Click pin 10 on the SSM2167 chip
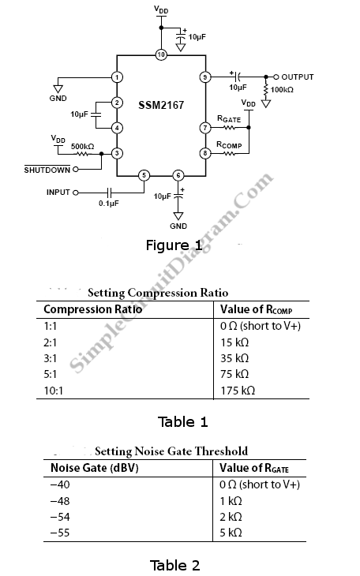[161, 54]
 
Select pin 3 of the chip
[117, 153]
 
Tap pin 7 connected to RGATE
[205, 128]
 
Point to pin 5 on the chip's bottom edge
[144, 176]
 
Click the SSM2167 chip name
[161, 106]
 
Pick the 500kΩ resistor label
[82, 146]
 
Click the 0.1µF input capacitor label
[109, 203]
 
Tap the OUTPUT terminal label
[298, 77]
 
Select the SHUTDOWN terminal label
[47, 170]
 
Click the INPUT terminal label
[58, 192]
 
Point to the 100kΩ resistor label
[282, 90]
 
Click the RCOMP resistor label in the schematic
[229, 145]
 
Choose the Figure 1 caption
[174, 245]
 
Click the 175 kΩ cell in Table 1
[238, 390]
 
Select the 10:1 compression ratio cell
[54, 391]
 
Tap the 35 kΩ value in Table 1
[234, 358]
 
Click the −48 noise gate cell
[60, 501]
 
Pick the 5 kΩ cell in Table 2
[231, 533]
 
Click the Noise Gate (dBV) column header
[95, 468]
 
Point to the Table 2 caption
[174, 565]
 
